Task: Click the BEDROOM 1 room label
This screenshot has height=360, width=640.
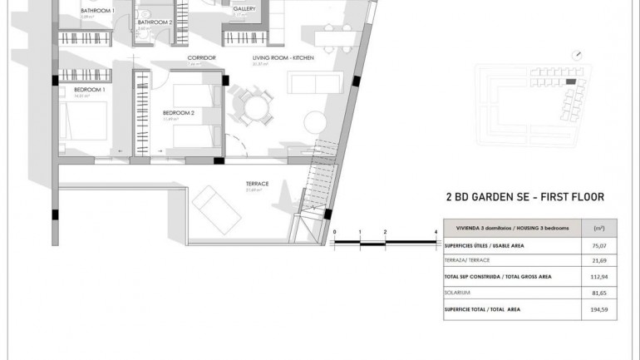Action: (x=89, y=89)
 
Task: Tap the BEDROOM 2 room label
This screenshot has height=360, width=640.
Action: (x=178, y=112)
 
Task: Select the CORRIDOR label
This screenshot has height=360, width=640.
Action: (x=202, y=57)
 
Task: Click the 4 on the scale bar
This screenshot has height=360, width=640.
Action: (x=436, y=232)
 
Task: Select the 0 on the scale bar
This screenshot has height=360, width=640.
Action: (x=333, y=232)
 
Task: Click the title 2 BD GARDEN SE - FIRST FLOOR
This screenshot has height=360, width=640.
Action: (x=525, y=197)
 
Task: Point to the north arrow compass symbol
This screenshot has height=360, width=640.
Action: (x=577, y=55)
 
